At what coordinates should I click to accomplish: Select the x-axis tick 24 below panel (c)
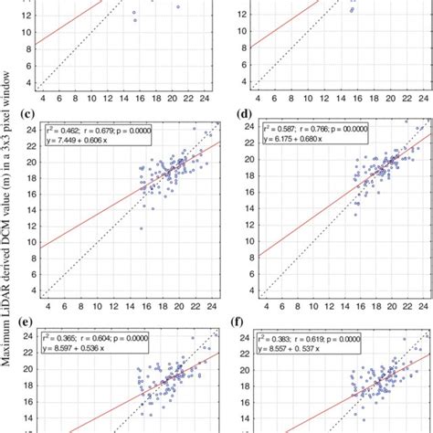(x=214, y=306)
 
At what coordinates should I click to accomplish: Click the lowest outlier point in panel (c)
(x=142, y=228)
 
